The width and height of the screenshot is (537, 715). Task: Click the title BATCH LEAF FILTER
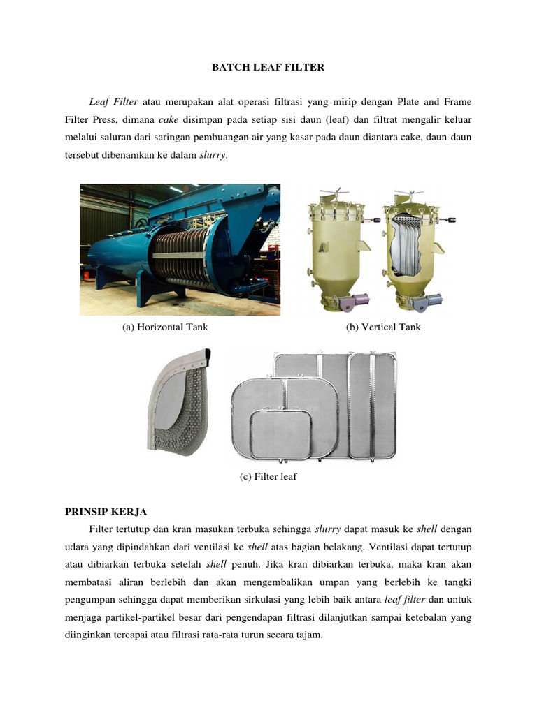(x=268, y=68)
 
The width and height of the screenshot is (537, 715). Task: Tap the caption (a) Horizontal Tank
(x=165, y=327)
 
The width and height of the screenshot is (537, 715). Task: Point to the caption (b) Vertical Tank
(x=383, y=327)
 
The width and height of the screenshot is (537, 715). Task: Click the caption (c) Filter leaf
(x=268, y=477)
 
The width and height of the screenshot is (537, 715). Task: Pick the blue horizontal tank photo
(x=180, y=249)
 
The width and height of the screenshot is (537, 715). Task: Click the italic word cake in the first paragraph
(x=170, y=120)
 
